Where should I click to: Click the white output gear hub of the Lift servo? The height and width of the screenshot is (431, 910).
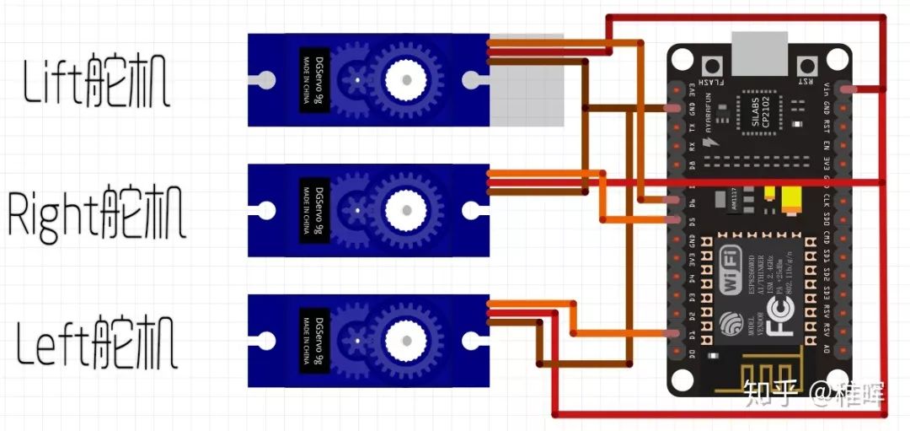pos(408,80)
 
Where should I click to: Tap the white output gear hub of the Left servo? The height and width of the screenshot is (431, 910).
pos(408,341)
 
